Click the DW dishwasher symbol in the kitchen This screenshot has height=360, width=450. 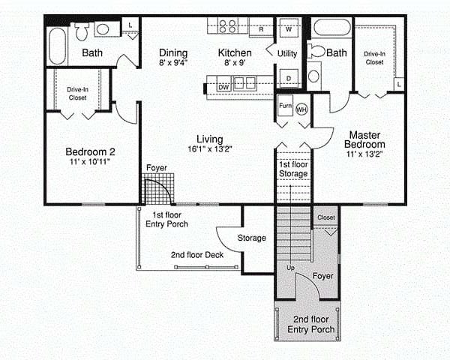click(223, 87)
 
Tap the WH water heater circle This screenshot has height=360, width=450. click(301, 109)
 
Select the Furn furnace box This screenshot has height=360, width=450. click(286, 105)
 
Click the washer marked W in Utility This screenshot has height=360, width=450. click(289, 28)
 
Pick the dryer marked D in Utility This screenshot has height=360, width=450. click(289, 78)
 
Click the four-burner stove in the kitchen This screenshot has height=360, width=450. click(228, 25)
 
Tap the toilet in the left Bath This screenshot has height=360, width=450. click(82, 31)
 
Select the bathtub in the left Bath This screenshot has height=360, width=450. click(58, 46)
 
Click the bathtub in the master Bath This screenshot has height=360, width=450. click(332, 28)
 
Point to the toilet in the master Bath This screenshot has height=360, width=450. click(316, 52)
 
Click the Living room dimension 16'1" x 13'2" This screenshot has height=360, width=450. click(210, 149)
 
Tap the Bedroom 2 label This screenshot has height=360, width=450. click(91, 151)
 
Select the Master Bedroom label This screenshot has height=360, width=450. click(364, 139)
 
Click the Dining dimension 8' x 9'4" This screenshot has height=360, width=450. click(173, 62)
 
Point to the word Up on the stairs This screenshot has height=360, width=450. click(290, 268)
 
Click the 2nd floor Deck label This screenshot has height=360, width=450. click(197, 255)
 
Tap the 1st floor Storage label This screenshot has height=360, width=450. click(293, 169)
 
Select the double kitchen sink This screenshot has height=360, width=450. click(244, 83)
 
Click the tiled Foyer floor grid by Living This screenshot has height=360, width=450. click(157, 188)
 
